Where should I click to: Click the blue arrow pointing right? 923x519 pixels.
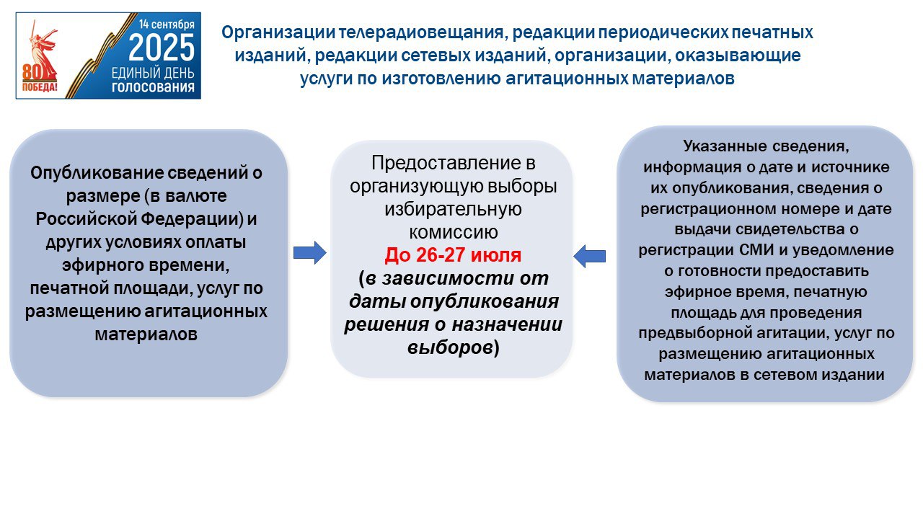tap(310, 252)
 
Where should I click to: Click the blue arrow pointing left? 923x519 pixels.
tap(589, 256)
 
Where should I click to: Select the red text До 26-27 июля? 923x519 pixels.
tap(453, 255)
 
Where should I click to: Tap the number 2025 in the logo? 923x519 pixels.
tap(162, 48)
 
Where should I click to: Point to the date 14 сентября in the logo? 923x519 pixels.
tap(167, 24)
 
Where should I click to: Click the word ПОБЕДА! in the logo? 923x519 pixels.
tap(40, 87)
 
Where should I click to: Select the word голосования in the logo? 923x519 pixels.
tap(153, 87)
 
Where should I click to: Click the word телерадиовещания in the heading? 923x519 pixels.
tap(421, 32)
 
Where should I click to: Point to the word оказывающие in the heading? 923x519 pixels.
tap(738, 56)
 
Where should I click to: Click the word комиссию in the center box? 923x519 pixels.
tap(454, 232)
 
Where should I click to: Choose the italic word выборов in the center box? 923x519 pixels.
tap(450, 347)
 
